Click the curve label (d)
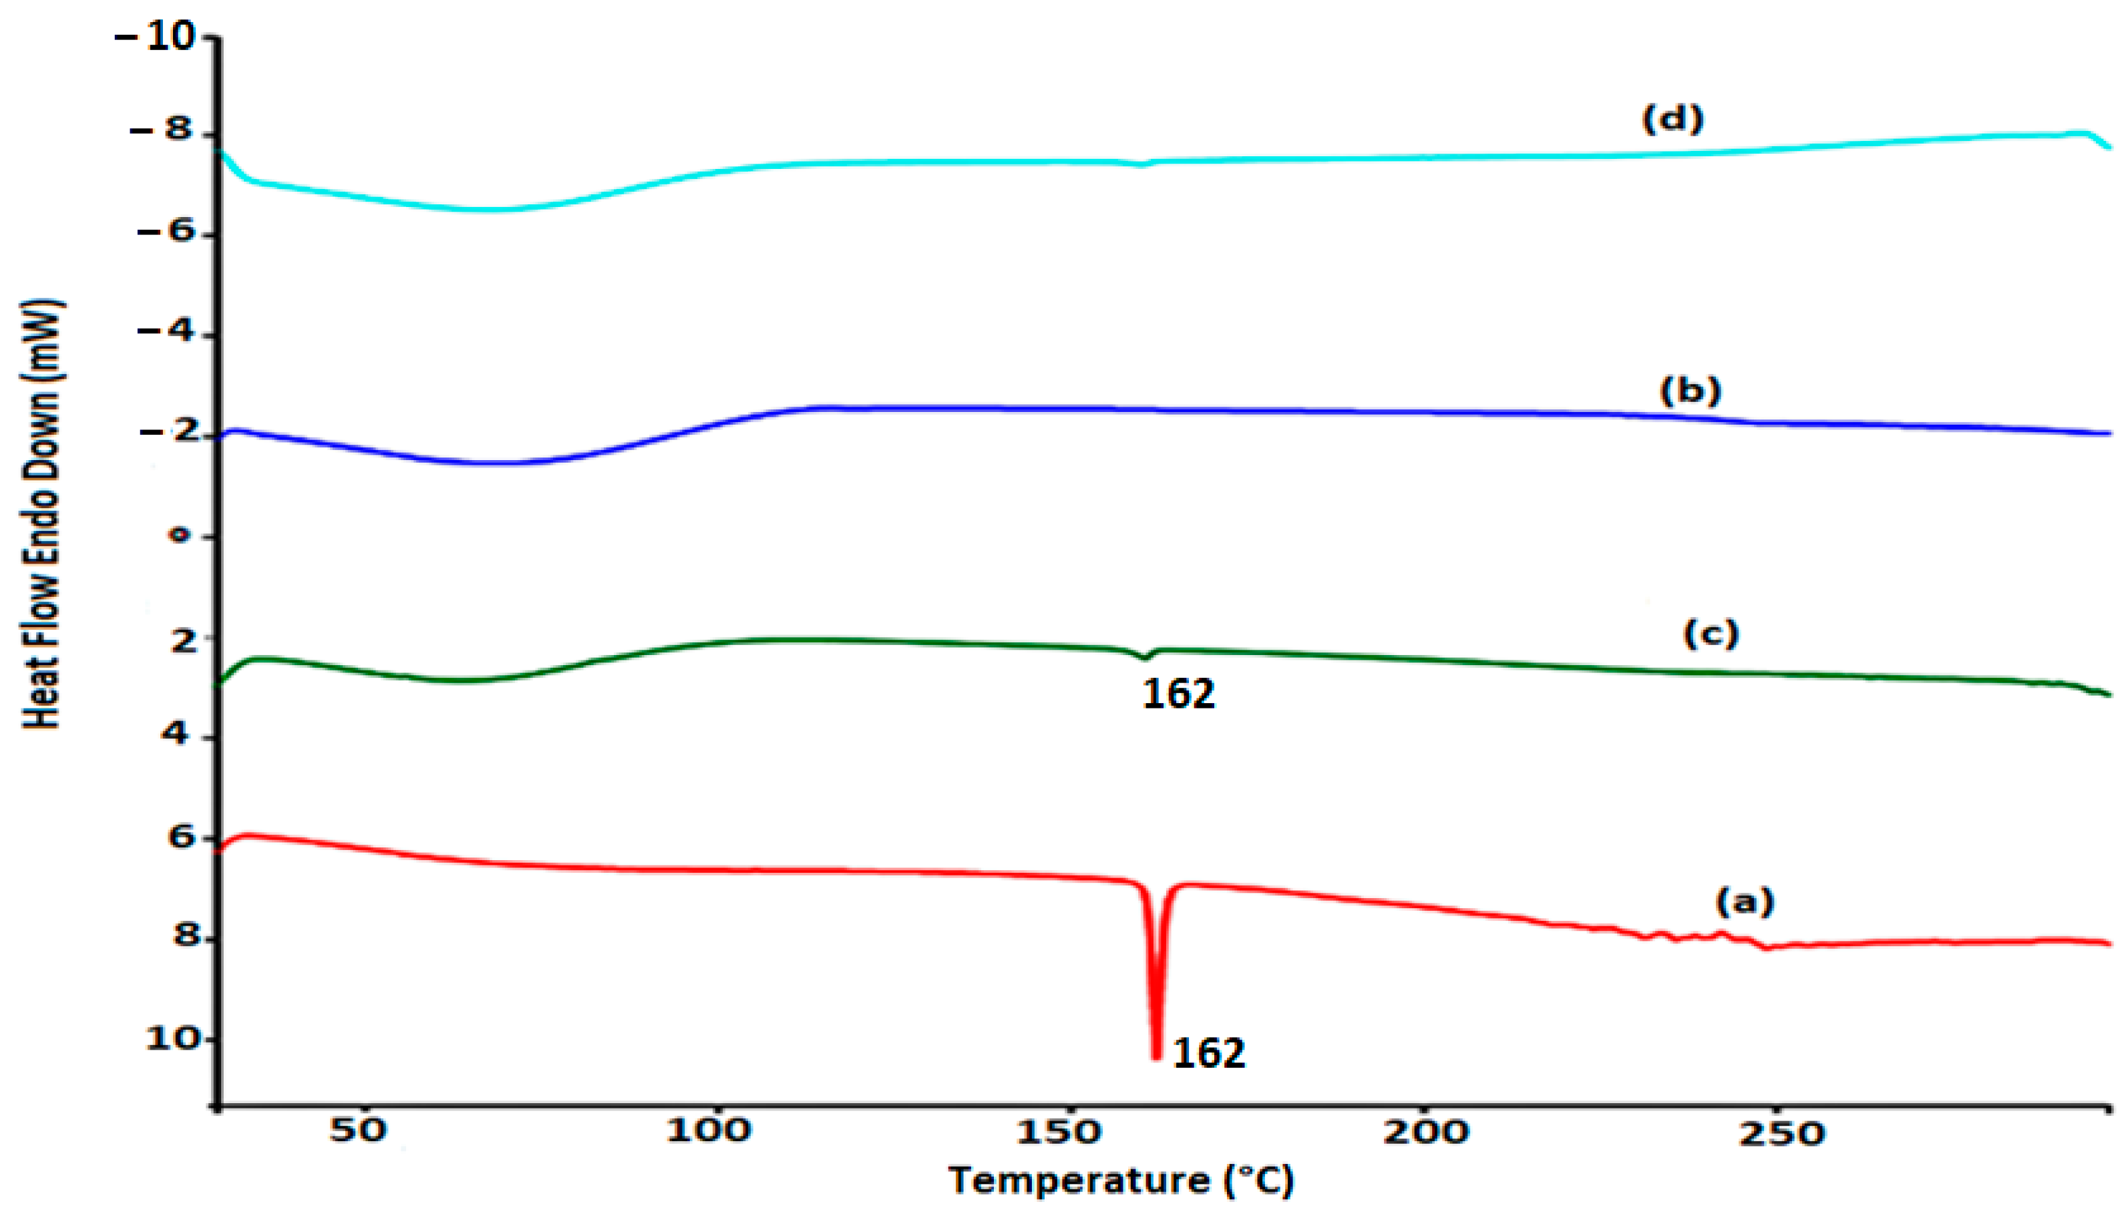pyautogui.click(x=1672, y=120)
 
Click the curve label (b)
pyautogui.click(x=1691, y=391)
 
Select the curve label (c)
pyautogui.click(x=1711, y=635)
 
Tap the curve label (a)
pyautogui.click(x=1745, y=901)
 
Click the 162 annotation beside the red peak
pyautogui.click(x=1209, y=1053)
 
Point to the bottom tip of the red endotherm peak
pyautogui.click(x=1156, y=1056)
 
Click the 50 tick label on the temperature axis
pyautogui.click(x=357, y=1131)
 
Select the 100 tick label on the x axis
pyautogui.click(x=709, y=1131)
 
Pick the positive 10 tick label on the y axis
pyautogui.click(x=174, y=1039)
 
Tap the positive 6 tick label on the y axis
pyautogui.click(x=182, y=837)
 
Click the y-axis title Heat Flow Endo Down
pyautogui.click(x=42, y=514)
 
